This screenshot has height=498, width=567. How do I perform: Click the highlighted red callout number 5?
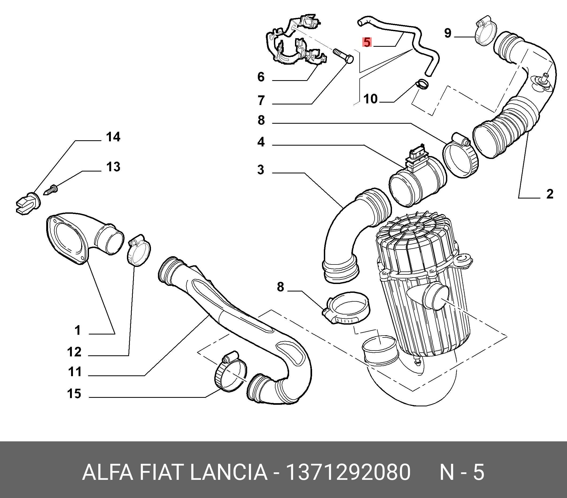click(x=367, y=42)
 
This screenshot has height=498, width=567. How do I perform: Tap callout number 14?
click(x=113, y=137)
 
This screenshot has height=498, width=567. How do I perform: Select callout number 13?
click(x=113, y=167)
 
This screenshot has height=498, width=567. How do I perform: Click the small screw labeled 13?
click(x=51, y=190)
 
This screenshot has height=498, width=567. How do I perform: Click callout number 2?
click(x=550, y=194)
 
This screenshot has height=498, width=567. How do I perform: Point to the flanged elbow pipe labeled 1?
click(x=83, y=239)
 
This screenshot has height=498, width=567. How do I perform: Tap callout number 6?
click(x=261, y=77)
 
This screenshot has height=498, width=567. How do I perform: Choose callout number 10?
click(x=371, y=99)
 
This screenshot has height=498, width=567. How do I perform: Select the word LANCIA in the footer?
click(x=229, y=472)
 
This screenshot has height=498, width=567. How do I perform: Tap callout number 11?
click(x=75, y=372)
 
